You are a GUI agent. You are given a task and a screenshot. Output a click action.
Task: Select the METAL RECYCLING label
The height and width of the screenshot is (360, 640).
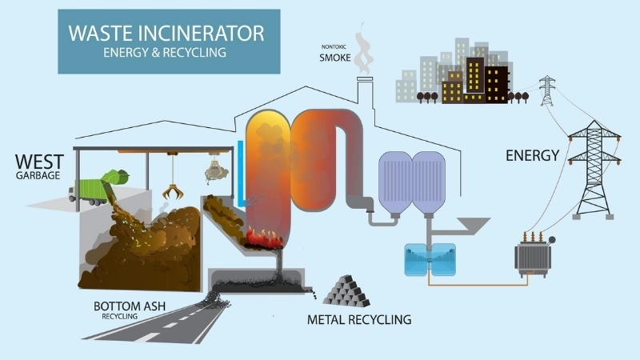coord(359,320)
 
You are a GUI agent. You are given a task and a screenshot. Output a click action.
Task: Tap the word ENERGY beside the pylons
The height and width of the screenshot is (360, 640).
coord(530,155)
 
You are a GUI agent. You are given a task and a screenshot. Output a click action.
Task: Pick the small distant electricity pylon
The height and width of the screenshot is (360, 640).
coord(547,90)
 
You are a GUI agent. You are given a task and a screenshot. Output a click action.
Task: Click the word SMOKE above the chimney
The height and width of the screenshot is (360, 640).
coord(336,58)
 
